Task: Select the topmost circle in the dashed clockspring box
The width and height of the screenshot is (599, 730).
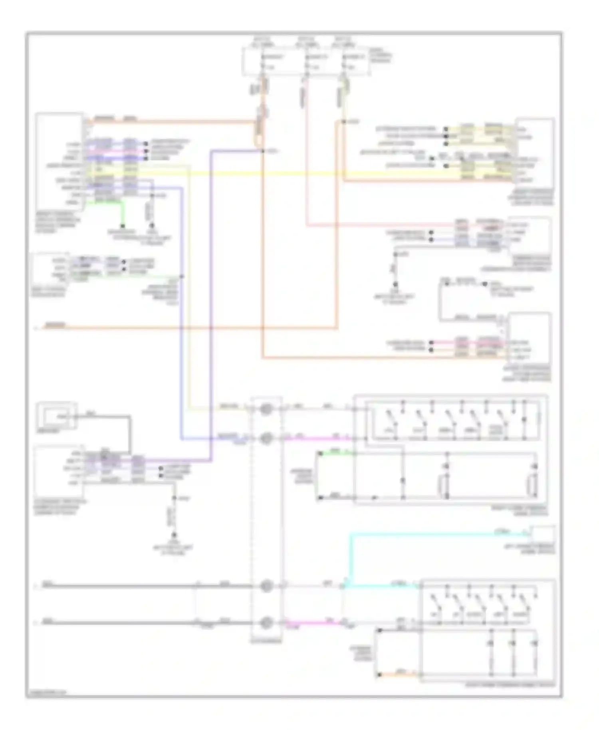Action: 266,409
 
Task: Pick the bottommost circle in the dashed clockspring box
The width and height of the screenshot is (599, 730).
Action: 266,622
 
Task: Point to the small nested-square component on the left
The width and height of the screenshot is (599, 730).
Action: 56,416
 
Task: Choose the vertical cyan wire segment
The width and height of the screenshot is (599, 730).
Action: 351,559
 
